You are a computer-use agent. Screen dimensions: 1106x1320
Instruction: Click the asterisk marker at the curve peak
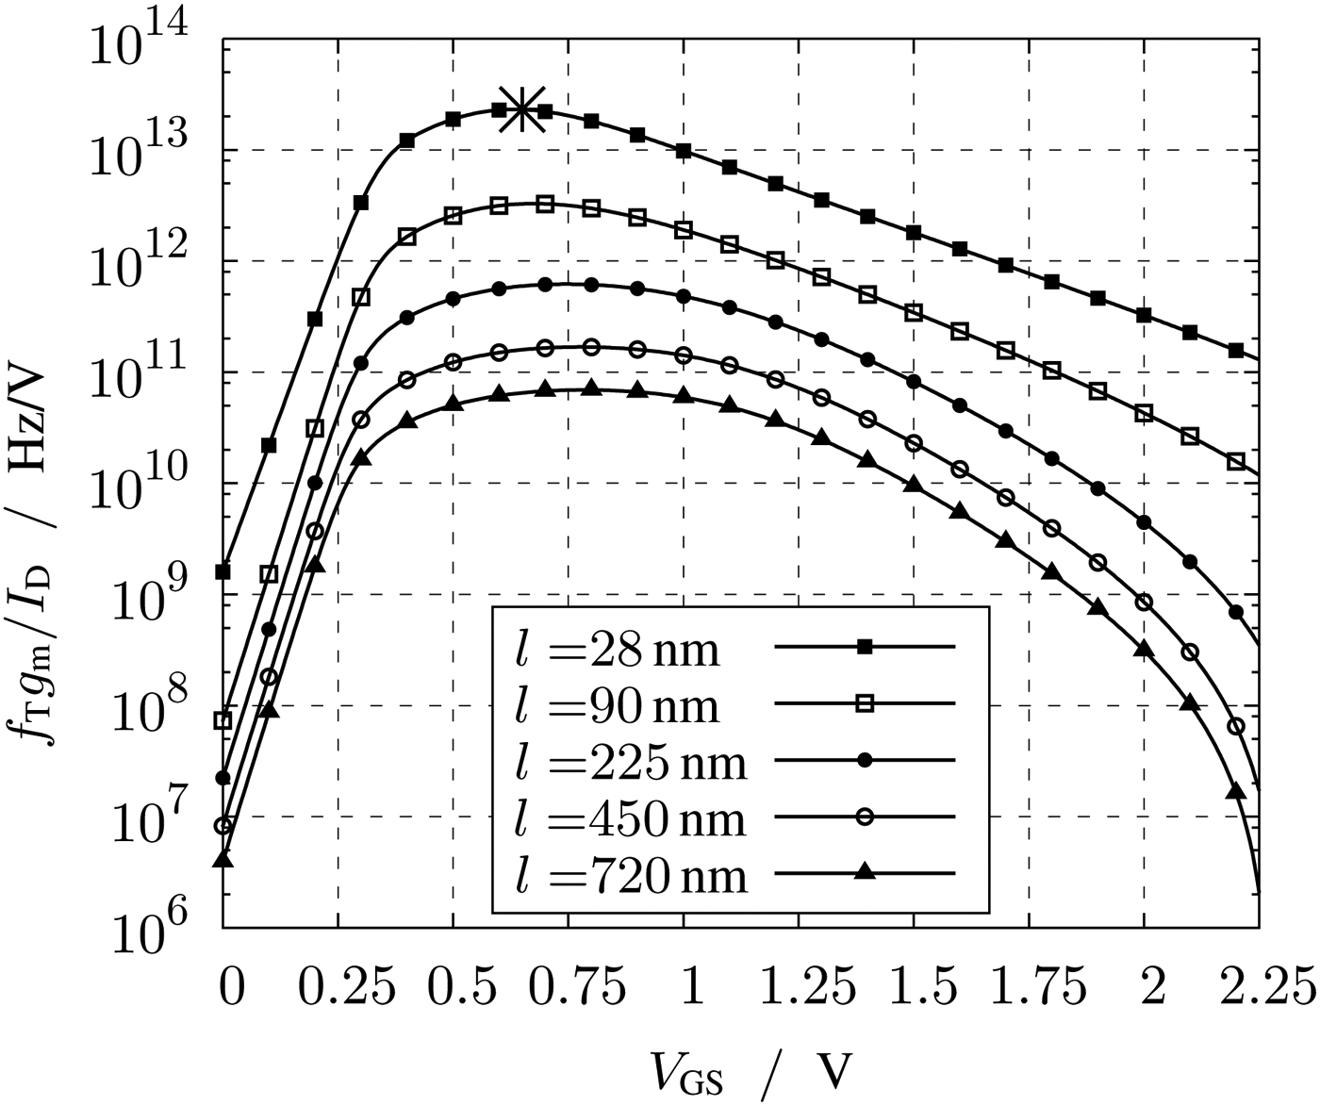pos(521,109)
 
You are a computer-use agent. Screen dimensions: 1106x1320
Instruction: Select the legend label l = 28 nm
pos(617,649)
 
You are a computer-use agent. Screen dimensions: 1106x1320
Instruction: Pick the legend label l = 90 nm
pos(617,705)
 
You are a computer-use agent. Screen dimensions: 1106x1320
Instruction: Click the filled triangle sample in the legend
pos(864,873)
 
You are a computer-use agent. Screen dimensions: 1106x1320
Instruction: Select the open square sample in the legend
pos(864,703)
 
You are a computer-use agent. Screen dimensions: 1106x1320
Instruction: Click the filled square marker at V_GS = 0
pos(223,572)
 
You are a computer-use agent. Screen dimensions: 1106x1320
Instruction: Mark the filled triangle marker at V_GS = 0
pos(223,858)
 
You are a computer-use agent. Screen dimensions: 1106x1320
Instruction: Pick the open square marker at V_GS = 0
pos(223,721)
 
